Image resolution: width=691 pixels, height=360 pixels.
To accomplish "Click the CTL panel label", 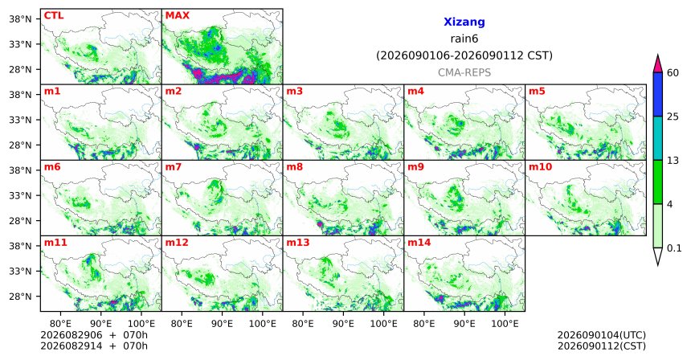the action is [54, 16].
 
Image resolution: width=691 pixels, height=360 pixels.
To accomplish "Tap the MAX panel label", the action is [177, 16].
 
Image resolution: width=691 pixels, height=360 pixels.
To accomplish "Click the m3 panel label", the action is [294, 92].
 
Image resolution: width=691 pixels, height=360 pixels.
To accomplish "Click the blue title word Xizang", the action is [464, 22].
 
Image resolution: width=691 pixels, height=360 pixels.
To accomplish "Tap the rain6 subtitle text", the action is [464, 39].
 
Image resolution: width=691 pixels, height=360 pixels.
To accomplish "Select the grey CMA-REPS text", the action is [464, 72].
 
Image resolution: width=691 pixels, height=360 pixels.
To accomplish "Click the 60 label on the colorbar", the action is [673, 72].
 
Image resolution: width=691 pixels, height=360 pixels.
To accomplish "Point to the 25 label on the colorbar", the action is [673, 117].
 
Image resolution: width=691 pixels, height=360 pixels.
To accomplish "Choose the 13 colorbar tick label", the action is [673, 161].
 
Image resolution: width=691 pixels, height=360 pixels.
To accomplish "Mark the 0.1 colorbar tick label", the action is [674, 248].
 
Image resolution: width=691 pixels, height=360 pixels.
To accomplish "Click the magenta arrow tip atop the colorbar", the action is [658, 55].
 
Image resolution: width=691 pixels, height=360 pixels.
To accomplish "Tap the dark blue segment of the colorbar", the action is [658, 94].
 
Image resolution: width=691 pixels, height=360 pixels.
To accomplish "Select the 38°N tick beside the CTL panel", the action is [20, 19].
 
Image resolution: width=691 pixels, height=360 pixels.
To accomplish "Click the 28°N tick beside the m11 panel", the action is [20, 296].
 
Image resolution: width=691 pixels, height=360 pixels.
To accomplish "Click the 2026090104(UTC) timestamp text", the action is [602, 336].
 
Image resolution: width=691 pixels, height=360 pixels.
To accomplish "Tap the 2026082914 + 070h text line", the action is [94, 346].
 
